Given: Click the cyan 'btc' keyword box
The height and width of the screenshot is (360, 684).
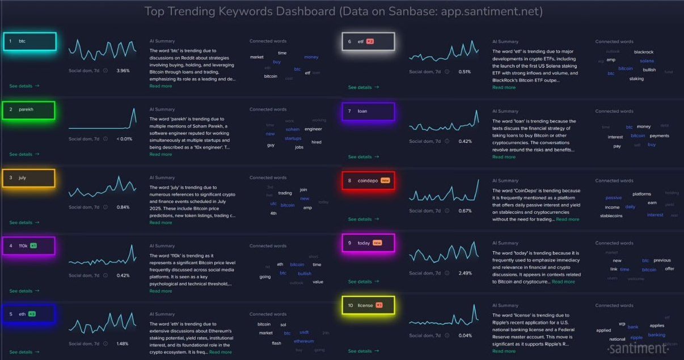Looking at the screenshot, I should [x=29, y=41].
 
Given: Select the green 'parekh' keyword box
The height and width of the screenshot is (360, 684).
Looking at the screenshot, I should [x=28, y=109].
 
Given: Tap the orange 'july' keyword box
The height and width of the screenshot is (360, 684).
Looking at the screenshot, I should [x=28, y=178].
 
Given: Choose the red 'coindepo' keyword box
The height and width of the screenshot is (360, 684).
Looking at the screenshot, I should [x=368, y=180].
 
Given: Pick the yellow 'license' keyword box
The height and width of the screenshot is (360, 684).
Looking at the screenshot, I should [x=368, y=306].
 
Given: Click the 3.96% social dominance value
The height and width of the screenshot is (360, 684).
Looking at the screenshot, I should [x=123, y=71].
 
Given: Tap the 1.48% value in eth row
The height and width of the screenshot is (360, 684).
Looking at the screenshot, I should [x=123, y=344].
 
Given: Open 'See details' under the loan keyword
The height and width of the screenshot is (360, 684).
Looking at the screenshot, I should [x=364, y=157].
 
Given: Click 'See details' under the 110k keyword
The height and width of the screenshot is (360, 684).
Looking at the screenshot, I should [x=24, y=291].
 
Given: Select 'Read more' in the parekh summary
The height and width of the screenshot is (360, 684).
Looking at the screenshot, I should [x=161, y=154].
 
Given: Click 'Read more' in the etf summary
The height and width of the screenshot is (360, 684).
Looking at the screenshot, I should [x=504, y=87].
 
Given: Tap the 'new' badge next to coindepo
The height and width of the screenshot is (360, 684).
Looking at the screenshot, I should [x=386, y=180].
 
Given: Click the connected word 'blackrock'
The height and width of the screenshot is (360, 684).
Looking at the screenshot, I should [x=644, y=52].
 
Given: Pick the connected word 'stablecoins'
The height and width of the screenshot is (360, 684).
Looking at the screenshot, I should [x=611, y=215].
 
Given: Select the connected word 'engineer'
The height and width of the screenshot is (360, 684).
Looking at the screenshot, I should [x=313, y=129].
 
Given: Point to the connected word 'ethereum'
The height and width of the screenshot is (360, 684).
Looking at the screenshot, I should [x=304, y=341].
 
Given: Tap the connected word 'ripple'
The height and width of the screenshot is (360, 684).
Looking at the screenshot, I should [x=636, y=337].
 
